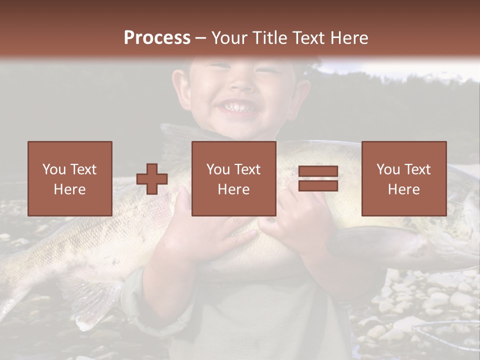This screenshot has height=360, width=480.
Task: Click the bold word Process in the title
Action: click(157, 38)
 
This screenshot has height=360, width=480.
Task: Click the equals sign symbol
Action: click(318, 179)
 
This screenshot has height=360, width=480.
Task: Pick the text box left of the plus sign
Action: click(70, 178)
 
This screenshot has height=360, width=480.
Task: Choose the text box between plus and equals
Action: click(233, 178)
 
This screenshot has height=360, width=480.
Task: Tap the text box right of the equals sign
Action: click(403, 178)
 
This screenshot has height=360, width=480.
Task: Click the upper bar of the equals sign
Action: click(318, 172)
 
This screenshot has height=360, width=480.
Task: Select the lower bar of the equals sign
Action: click(318, 186)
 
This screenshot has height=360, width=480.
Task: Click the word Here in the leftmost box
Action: click(70, 189)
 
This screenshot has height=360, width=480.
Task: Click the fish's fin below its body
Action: click(95, 300)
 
